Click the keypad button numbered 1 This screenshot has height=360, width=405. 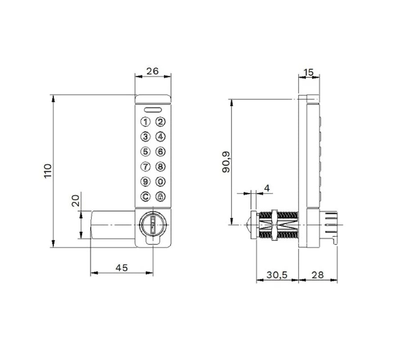click(x=145, y=122)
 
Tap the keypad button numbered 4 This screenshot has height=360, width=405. click(x=160, y=137)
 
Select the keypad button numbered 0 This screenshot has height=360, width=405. click(x=160, y=182)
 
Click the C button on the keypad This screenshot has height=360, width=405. click(x=145, y=197)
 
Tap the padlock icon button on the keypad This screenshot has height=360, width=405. click(x=160, y=197)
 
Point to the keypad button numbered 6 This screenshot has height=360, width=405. click(x=160, y=152)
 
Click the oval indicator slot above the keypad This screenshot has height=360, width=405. click(x=153, y=110)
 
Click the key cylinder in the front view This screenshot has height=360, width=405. click(x=153, y=225)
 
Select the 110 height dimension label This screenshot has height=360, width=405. click(x=48, y=171)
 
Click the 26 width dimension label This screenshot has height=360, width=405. click(x=153, y=71)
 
